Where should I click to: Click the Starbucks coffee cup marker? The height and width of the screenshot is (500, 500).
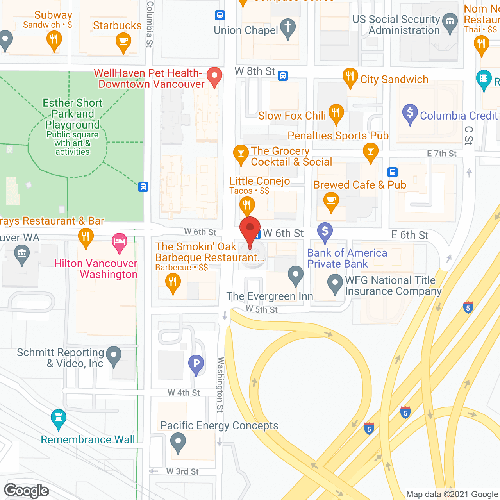click(x=123, y=41)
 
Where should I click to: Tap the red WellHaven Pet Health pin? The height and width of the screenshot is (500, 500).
click(x=214, y=76)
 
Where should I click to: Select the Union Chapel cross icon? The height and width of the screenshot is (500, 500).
click(x=288, y=28)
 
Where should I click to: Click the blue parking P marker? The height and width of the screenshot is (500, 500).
click(x=196, y=364)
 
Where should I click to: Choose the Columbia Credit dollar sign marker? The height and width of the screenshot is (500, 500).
click(x=410, y=113)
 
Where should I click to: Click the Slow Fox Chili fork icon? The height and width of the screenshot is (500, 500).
click(x=336, y=113)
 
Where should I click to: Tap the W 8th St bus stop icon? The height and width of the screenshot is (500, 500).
click(x=283, y=76)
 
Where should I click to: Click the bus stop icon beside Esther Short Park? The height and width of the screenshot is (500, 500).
click(x=143, y=187)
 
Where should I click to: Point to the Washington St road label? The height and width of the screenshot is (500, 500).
click(x=220, y=384)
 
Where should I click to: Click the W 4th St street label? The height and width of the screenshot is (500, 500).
click(x=184, y=393)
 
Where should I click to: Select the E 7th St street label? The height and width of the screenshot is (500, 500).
click(x=441, y=154)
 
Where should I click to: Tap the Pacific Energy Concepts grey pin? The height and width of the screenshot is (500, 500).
click(x=178, y=443)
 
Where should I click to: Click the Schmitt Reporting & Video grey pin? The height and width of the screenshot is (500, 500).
click(x=114, y=355)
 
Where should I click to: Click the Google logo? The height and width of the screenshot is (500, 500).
click(x=27, y=491)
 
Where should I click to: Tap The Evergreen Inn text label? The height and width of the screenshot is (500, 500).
click(x=270, y=296)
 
